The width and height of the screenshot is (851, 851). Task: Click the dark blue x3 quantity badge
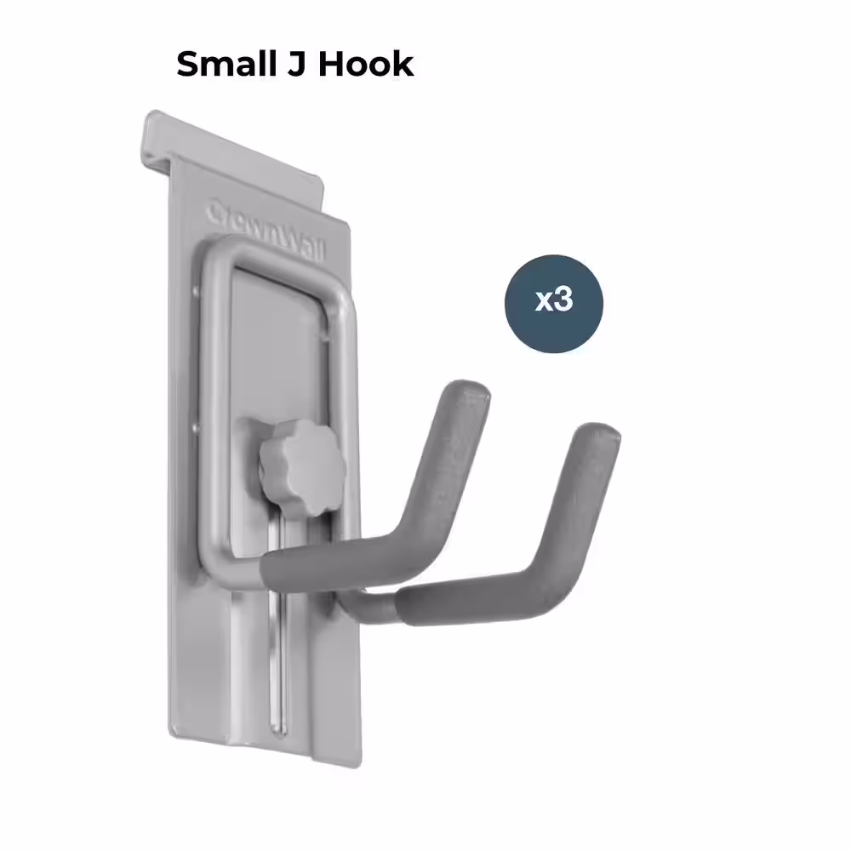[x=554, y=303]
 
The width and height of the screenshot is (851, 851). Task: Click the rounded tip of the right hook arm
[x=600, y=436]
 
